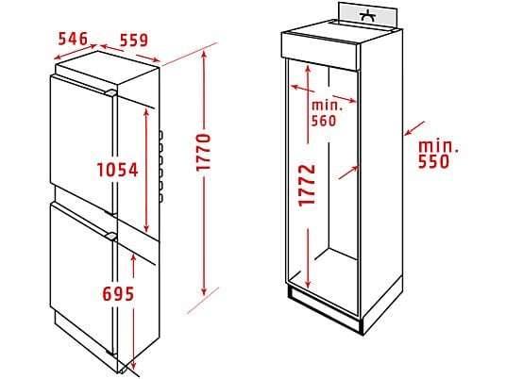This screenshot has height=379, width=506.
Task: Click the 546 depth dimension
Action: click(x=73, y=39)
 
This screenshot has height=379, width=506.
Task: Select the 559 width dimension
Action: click(x=134, y=41)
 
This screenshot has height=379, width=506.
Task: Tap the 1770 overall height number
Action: click(x=204, y=152)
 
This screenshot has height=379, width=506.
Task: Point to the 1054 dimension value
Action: click(x=118, y=170)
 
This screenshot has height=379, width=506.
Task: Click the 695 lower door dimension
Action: click(x=118, y=293)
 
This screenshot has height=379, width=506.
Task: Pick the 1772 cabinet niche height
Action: click(x=307, y=186)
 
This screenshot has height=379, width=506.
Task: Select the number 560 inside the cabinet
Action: click(x=324, y=121)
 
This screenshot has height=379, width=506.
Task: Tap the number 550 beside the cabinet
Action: click(x=433, y=162)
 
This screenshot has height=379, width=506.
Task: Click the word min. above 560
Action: click(x=327, y=106)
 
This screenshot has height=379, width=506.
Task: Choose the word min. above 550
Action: click(x=438, y=147)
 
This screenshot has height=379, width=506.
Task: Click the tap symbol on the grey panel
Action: click(x=368, y=16)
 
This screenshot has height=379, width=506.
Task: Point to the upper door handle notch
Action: click(x=110, y=92)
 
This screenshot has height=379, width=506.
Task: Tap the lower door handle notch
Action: click(x=110, y=237)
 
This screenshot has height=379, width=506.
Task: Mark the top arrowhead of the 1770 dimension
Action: click(x=204, y=55)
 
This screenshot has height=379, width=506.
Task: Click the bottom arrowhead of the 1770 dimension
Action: click(x=204, y=291)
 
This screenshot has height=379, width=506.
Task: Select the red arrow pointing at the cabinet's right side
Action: click(x=414, y=128)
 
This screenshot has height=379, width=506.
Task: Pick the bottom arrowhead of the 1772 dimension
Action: click(x=308, y=284)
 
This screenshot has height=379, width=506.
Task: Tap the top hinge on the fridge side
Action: click(x=160, y=135)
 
